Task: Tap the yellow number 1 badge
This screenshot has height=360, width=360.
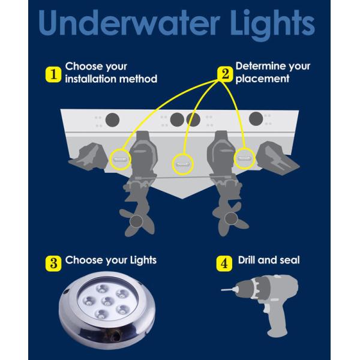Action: click(x=53, y=74)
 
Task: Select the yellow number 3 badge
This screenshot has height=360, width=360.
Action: click(x=53, y=263)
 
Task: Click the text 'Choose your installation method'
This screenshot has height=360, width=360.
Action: click(x=110, y=73)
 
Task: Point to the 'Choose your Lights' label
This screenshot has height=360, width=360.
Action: click(x=110, y=260)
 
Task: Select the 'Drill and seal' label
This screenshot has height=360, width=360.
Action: click(x=268, y=260)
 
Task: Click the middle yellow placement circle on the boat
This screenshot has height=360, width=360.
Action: click(x=182, y=163)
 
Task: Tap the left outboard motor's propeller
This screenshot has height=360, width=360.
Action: click(x=136, y=219)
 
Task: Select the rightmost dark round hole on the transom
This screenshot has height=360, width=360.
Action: click(x=256, y=118)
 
